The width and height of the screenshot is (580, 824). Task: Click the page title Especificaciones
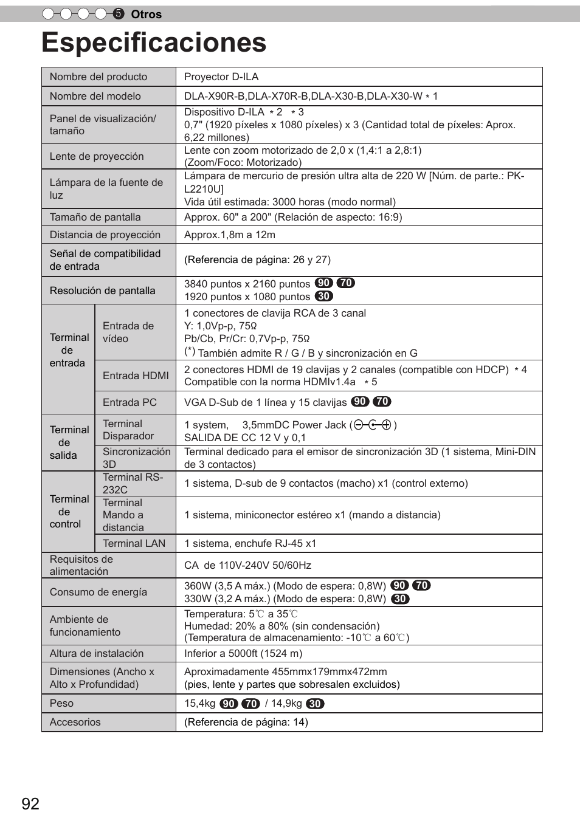click(x=154, y=43)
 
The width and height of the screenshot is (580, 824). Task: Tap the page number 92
click(x=30, y=804)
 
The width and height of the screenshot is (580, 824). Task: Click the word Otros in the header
click(x=147, y=15)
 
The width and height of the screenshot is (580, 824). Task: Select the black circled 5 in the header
click(x=119, y=14)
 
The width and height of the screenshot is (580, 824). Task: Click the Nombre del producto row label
click(x=98, y=77)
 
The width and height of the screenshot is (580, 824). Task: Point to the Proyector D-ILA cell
click(x=221, y=77)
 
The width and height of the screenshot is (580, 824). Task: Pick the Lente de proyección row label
click(x=97, y=156)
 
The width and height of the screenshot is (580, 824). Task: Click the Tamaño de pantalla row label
click(x=95, y=217)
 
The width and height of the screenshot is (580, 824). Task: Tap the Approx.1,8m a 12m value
click(x=230, y=235)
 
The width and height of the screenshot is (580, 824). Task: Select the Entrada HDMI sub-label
click(x=136, y=376)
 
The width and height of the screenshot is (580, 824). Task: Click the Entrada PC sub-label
click(x=129, y=402)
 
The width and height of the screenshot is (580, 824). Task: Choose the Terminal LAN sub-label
click(x=134, y=543)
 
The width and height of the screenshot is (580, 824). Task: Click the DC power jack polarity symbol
click(x=373, y=425)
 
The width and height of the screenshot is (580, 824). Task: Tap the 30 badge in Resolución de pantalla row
click(x=324, y=297)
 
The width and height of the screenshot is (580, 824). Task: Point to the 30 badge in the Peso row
click(x=315, y=704)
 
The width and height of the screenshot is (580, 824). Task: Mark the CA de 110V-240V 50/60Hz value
click(x=247, y=565)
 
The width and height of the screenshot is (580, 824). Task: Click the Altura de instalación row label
click(x=97, y=653)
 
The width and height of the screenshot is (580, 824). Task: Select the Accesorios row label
click(x=75, y=722)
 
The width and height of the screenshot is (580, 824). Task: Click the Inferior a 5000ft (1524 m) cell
click(x=243, y=653)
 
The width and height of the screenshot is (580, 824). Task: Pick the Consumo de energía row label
click(x=98, y=592)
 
